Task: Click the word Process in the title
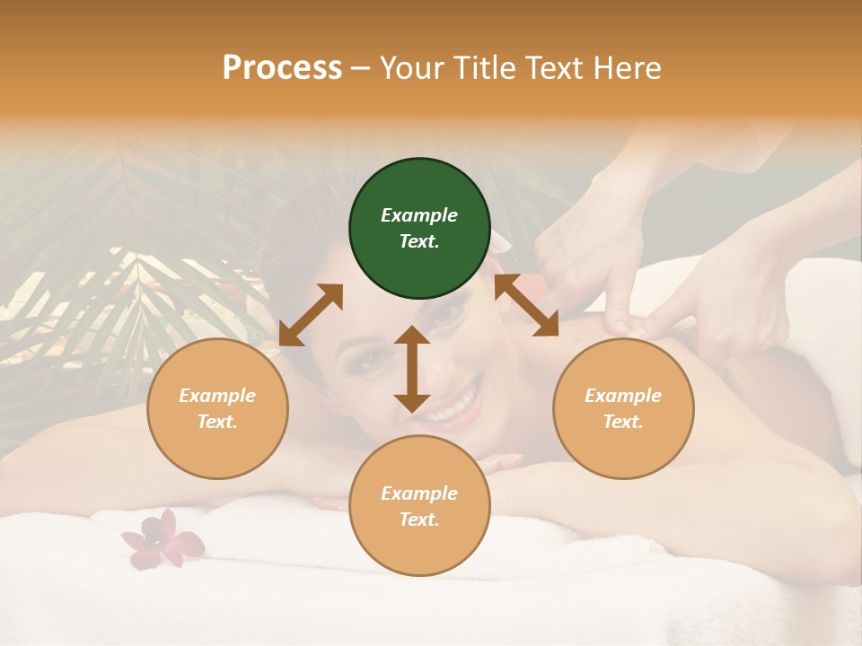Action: point(282,68)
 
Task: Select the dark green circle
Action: point(419,228)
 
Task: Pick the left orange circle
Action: point(217,408)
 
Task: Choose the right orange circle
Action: point(623,408)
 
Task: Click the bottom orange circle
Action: point(419,505)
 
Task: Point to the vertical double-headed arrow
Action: point(412,369)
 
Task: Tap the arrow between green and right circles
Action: point(526,305)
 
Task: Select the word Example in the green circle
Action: point(419,215)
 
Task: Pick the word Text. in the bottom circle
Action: point(419,519)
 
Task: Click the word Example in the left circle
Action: point(217,396)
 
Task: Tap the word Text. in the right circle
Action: point(623,422)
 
